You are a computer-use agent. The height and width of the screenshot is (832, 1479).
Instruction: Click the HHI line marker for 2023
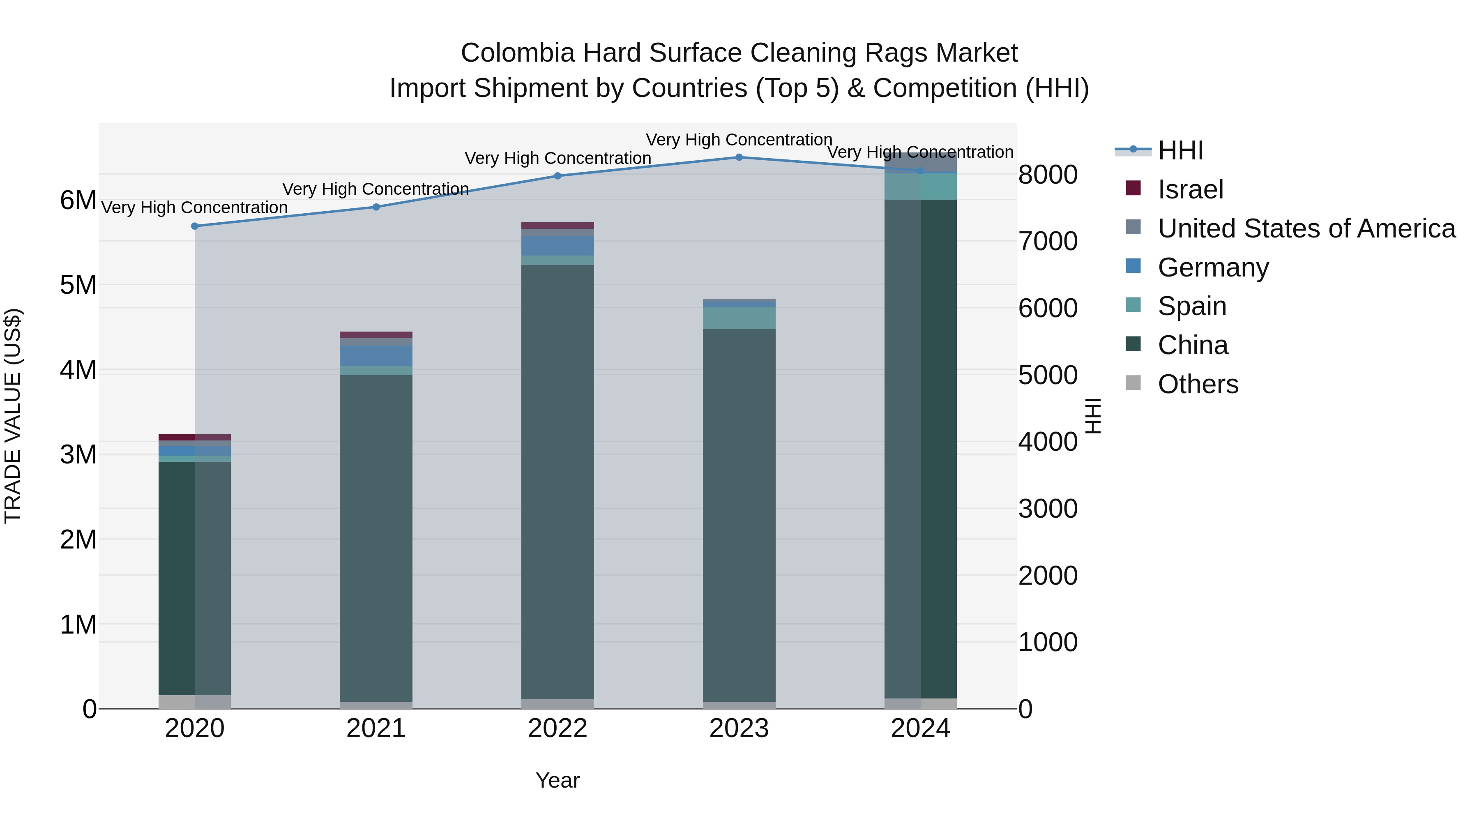pos(739,157)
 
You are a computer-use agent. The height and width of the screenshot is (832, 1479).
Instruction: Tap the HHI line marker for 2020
pos(195,226)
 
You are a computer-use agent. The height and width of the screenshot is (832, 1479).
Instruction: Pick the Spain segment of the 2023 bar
pos(739,318)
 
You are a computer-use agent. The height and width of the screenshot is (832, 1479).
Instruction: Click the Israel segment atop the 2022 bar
pos(558,226)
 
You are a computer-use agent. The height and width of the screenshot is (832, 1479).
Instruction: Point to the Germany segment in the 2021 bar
pos(376,356)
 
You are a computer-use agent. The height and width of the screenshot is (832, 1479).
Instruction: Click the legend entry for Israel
pos(1190,189)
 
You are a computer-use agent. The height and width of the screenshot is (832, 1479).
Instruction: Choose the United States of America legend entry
pos(1306,228)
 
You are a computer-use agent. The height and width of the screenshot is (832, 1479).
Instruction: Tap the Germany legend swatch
pos(1133,266)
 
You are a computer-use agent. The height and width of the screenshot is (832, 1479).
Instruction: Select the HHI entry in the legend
pos(1180,150)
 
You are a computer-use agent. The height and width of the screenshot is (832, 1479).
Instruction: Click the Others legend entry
pos(1198,384)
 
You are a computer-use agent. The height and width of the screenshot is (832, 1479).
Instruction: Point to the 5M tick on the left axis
pos(78,285)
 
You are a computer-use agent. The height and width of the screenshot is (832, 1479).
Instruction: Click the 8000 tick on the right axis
pos(1048,175)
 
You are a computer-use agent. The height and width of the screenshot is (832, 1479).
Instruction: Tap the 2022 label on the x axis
pos(558,728)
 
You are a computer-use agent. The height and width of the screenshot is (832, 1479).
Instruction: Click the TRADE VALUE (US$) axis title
pos(13,416)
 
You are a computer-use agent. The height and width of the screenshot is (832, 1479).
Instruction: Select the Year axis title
pos(558,780)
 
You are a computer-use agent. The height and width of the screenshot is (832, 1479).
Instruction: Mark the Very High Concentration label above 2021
pos(376,189)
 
